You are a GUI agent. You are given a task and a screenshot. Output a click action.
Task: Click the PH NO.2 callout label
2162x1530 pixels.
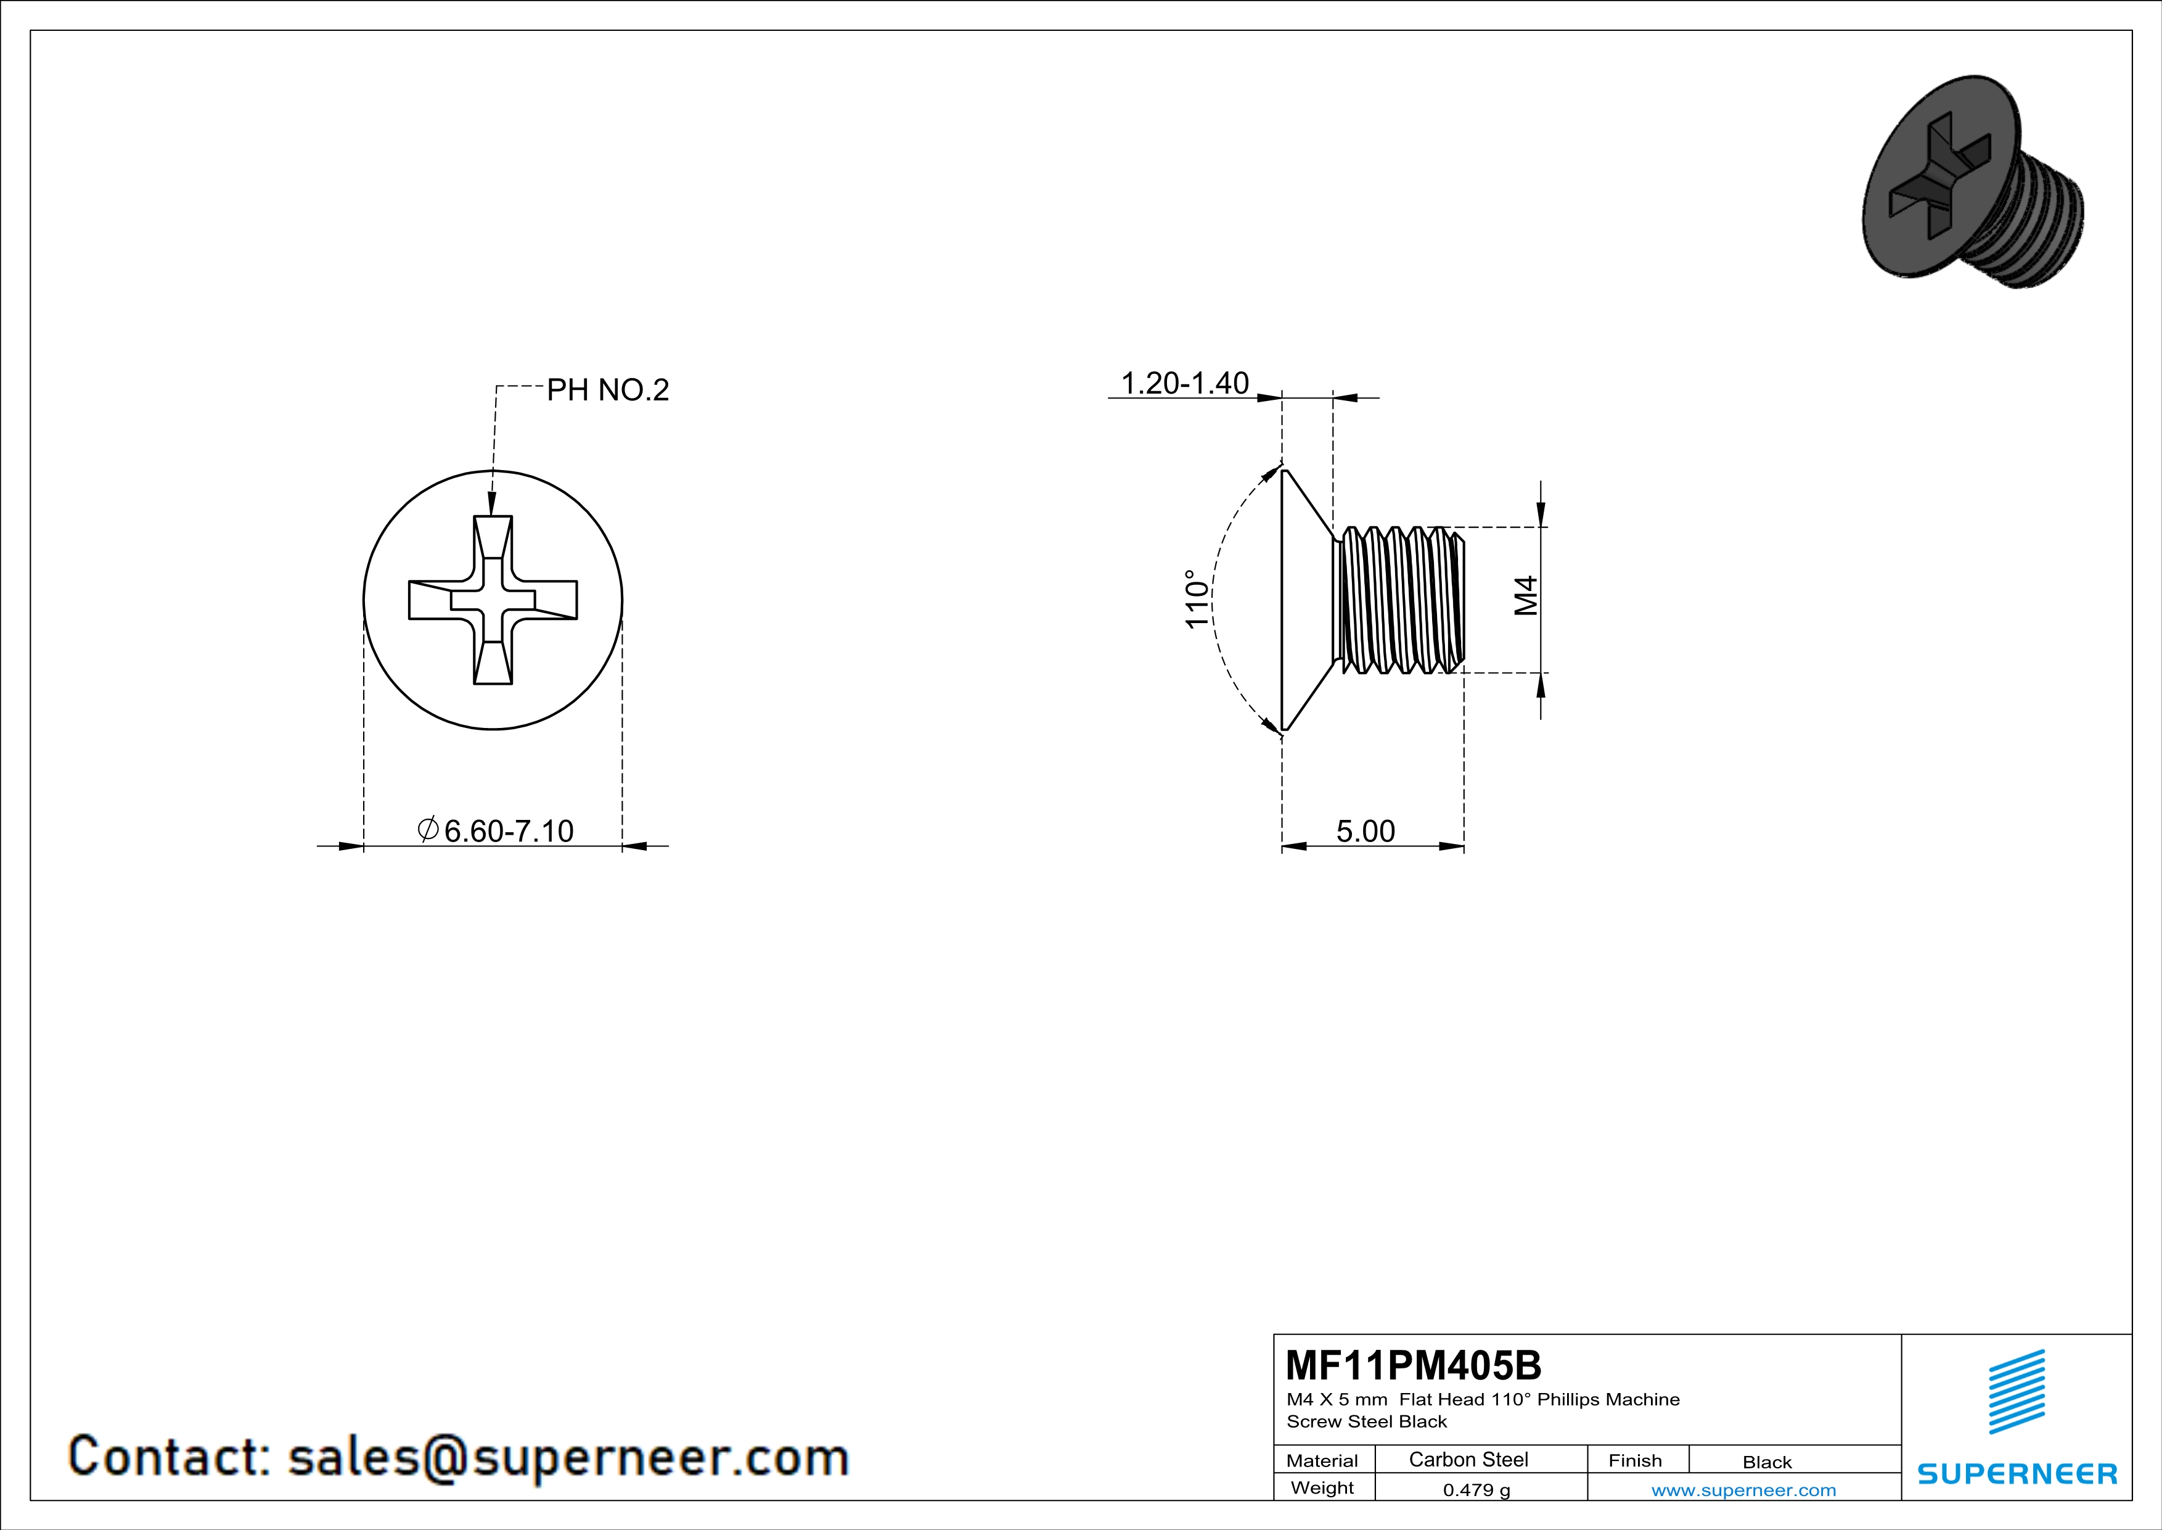607,389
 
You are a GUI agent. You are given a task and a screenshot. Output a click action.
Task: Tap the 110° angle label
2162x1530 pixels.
1196,599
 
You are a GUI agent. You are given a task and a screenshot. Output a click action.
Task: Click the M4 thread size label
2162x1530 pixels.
1525,595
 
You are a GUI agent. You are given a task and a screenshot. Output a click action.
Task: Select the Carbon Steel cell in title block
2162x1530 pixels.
1468,1459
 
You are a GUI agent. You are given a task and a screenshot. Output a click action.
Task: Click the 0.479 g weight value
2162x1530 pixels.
1476,1489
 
